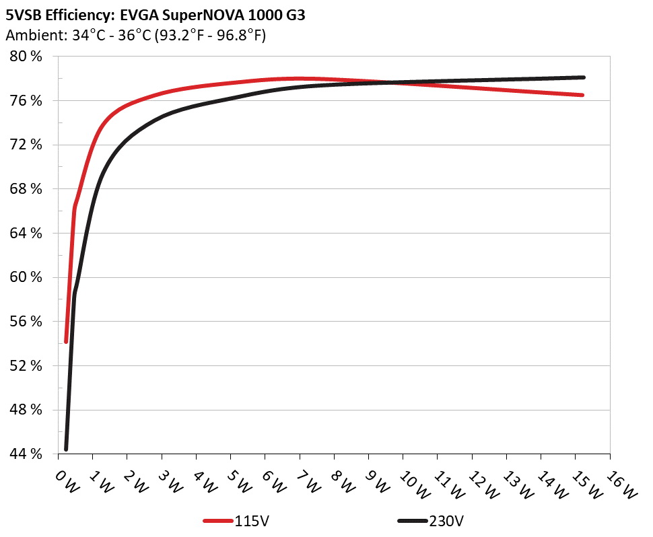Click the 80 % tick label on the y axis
point(26,57)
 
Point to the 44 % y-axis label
point(26,454)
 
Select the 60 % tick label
point(26,277)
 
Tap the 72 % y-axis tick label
point(26,145)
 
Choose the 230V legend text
point(446,521)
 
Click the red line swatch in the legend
point(218,521)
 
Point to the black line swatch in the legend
point(411,521)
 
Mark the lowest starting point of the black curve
point(66,449)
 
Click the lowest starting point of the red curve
point(66,342)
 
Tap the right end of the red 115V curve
point(582,95)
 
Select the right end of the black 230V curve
point(583,77)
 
